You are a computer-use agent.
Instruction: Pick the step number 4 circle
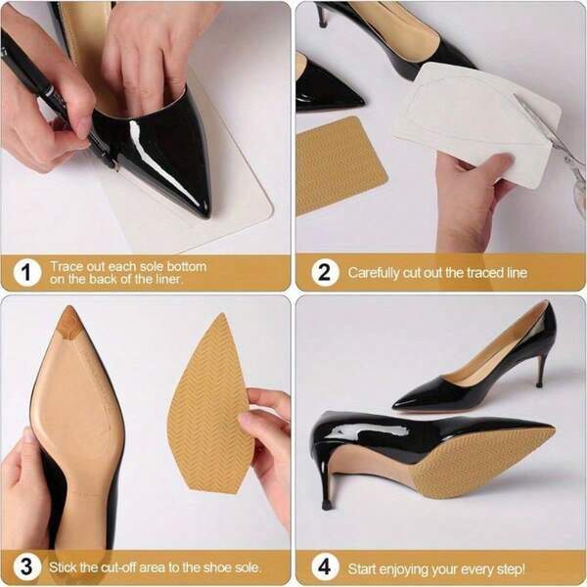[324, 566]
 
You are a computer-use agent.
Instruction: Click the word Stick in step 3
[71, 566]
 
